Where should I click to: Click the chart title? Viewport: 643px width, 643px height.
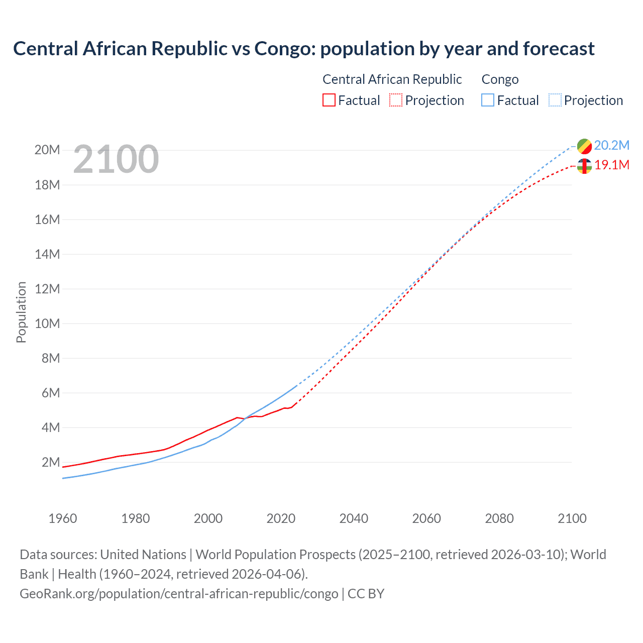click(x=303, y=49)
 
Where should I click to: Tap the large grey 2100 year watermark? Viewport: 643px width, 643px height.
click(x=116, y=160)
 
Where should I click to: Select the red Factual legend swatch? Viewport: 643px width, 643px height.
click(x=329, y=100)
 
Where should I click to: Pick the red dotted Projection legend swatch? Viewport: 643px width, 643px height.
click(x=396, y=100)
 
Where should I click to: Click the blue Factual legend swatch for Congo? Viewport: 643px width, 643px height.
click(x=487, y=100)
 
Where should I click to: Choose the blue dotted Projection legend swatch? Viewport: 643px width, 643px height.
click(x=555, y=100)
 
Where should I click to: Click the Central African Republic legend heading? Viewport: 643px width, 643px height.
click(x=392, y=79)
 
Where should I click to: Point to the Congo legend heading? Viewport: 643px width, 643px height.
click(x=500, y=79)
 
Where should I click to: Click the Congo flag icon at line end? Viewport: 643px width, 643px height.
click(x=584, y=146)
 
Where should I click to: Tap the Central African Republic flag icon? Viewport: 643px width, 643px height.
click(x=584, y=166)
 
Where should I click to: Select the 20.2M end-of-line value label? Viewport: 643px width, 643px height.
click(x=611, y=146)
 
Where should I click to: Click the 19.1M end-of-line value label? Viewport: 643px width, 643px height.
click(x=611, y=165)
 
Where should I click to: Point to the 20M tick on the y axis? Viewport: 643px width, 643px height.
click(x=47, y=150)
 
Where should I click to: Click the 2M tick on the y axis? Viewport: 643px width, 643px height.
click(x=50, y=462)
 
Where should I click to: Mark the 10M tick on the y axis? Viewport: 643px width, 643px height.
click(x=47, y=324)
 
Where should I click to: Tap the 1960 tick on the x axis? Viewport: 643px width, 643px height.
click(x=63, y=518)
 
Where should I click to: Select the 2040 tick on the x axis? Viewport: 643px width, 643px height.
click(x=354, y=518)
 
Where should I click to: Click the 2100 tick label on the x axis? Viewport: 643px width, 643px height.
click(x=572, y=518)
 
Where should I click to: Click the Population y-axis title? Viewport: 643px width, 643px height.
click(x=21, y=312)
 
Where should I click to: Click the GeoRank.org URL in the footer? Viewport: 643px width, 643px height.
click(x=179, y=594)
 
